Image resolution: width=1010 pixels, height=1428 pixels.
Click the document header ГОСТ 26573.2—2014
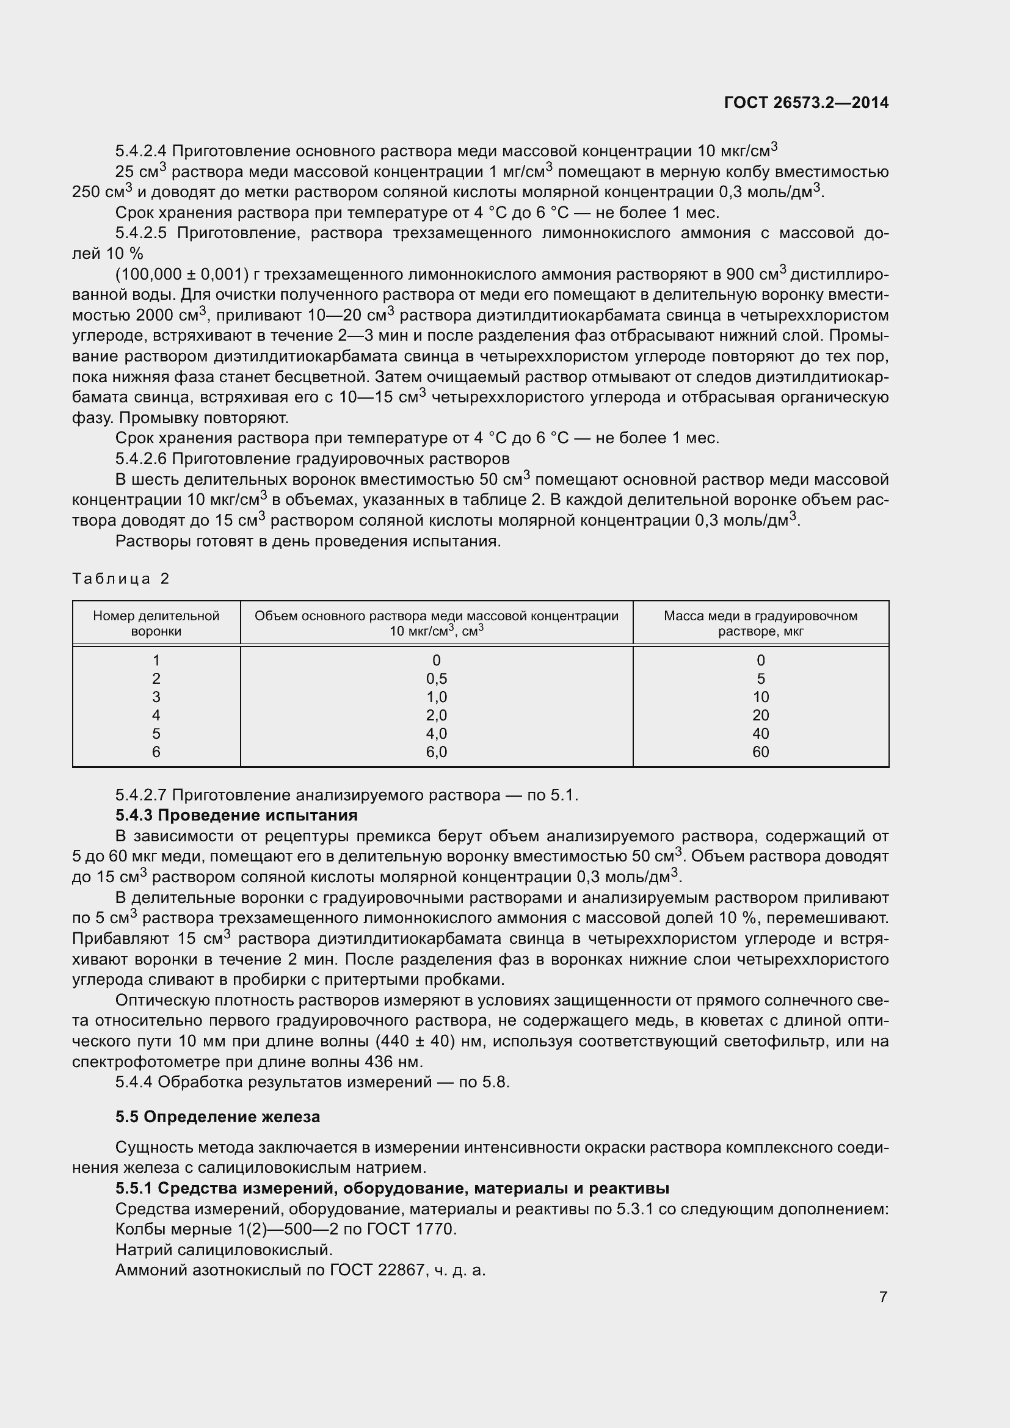(x=806, y=103)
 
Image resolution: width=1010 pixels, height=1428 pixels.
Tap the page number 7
(x=883, y=1297)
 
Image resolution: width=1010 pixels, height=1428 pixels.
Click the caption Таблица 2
(x=121, y=578)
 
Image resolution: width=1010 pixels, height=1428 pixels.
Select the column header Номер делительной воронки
(x=156, y=623)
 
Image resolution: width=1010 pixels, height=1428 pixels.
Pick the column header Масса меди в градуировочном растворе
(x=760, y=623)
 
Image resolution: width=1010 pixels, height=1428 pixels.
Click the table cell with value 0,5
(x=436, y=678)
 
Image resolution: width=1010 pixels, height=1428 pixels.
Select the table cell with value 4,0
(x=436, y=733)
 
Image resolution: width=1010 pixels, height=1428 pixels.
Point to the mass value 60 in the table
(x=760, y=752)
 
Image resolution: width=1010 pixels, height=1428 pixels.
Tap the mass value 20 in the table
(x=760, y=716)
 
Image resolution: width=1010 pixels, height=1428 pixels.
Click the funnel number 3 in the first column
(x=156, y=697)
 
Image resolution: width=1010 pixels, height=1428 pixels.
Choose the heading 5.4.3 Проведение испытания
(x=236, y=815)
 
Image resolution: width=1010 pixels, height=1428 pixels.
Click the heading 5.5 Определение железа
(x=217, y=1117)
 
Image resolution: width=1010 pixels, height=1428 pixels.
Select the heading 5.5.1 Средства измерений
(x=392, y=1188)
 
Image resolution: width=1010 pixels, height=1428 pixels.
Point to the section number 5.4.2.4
(x=141, y=151)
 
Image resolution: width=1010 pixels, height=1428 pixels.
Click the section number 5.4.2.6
(x=141, y=458)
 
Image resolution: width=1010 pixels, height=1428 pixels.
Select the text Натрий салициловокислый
(x=224, y=1249)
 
